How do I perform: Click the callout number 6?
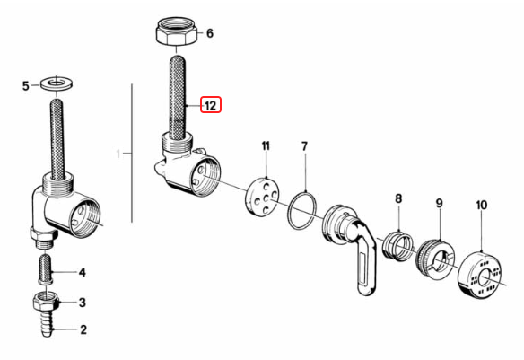tap(210, 33)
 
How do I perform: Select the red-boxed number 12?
tap(211, 105)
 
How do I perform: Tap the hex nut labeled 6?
tap(177, 31)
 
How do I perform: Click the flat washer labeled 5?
tap(57, 83)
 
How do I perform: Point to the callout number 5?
tap(26, 86)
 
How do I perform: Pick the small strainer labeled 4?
tap(46, 269)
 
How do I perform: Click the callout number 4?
tap(83, 273)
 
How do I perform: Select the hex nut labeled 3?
tap(46, 301)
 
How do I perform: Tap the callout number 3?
tap(83, 303)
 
